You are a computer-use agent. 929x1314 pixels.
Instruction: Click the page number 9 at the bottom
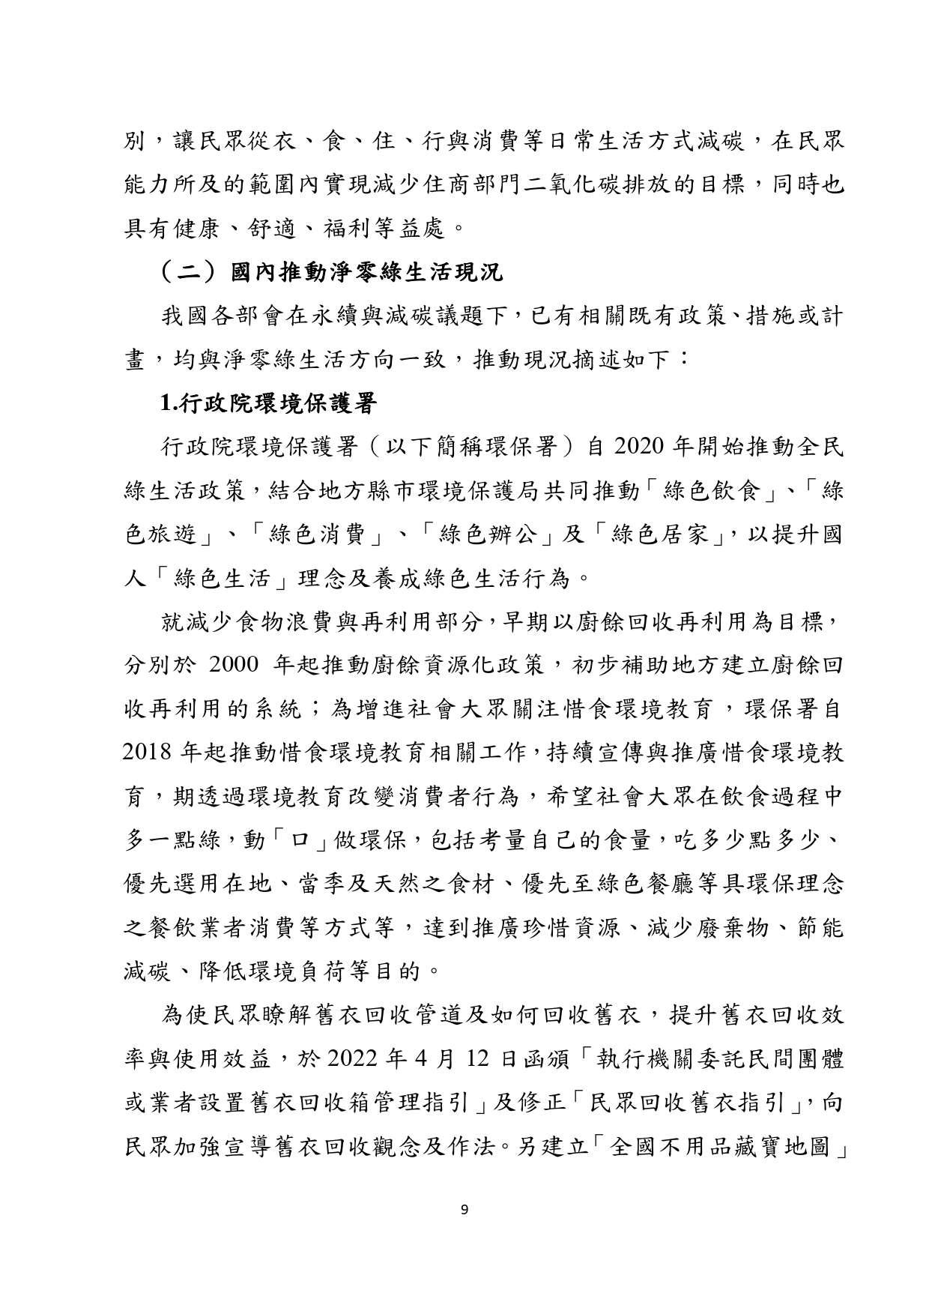click(464, 1208)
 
